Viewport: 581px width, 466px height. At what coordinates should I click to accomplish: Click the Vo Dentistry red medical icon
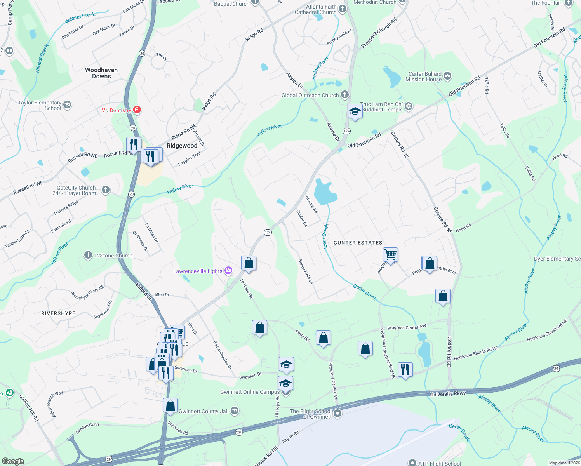point(137,110)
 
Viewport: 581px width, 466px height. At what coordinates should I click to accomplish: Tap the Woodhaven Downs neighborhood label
point(101,73)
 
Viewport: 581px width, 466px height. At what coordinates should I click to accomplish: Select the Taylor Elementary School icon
point(67,105)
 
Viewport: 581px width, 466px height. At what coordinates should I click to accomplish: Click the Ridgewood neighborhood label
point(182,146)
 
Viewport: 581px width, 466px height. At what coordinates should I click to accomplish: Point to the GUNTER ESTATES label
point(358,243)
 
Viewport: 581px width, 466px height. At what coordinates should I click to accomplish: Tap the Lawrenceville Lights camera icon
point(228,271)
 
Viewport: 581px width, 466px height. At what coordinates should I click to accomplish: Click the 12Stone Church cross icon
point(88,255)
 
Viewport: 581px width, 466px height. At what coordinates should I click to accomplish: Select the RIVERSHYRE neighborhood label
point(58,313)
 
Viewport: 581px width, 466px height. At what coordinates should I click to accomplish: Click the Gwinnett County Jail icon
point(235,411)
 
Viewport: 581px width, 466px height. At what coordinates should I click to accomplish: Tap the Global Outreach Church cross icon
point(344,95)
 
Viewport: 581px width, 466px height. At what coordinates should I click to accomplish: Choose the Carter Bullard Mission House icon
point(447,76)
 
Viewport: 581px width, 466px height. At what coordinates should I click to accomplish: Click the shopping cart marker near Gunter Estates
point(390,255)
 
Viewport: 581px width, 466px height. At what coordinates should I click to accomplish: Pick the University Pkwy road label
point(447,394)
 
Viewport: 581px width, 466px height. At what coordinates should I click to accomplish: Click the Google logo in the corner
point(13,461)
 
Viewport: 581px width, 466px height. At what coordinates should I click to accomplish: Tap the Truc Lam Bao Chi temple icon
point(409,106)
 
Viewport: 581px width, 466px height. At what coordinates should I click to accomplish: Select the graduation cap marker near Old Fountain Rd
point(355,111)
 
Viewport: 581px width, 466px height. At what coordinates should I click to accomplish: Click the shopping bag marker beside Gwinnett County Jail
point(170,406)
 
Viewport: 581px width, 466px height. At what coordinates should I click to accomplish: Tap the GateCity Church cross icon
point(106,190)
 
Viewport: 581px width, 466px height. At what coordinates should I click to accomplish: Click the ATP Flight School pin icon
point(412,463)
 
